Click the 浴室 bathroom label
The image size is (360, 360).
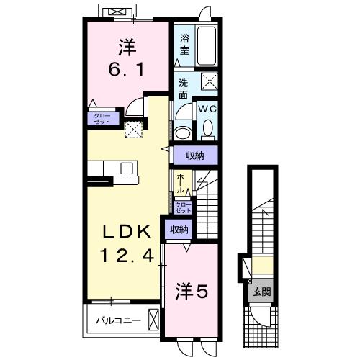pos(184,45)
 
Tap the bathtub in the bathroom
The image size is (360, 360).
pos(207,45)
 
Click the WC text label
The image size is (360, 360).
pos(207,109)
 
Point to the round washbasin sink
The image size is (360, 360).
pos(182,133)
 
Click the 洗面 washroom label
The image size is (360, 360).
pos(183,89)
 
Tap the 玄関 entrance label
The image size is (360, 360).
pos(262,292)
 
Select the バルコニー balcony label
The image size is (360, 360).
pos(118,320)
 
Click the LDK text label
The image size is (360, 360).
pos(127,232)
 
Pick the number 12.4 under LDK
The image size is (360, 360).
pos(127,256)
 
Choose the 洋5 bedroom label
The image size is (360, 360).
pos(192,292)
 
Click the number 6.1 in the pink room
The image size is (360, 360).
pos(126,69)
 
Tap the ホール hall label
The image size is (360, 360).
pos(180,183)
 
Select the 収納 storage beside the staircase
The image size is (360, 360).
pos(179,230)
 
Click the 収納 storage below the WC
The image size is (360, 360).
pos(195,156)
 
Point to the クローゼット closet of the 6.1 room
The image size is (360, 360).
pos(103,119)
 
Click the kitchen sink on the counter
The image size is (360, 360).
pos(127,168)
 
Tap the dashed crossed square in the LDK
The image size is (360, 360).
pos(134,130)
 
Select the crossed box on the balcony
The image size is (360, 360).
pos(153,320)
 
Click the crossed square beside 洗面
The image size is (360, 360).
pos(210,81)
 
